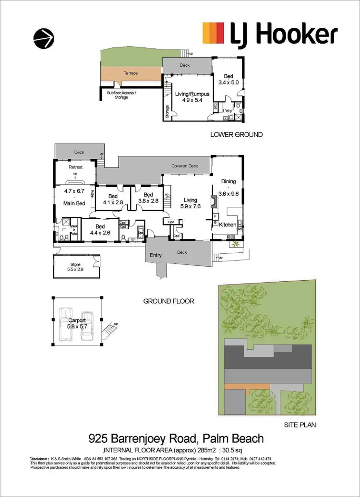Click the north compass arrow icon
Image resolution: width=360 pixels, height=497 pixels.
point(44,37)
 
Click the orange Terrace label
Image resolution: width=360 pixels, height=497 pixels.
point(131,73)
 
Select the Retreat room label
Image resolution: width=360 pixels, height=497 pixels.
point(76,167)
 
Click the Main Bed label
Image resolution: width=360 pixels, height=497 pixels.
point(74,203)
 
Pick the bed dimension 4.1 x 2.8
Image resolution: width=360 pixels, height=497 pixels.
point(113,202)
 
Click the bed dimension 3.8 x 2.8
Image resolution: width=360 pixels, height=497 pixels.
point(148,201)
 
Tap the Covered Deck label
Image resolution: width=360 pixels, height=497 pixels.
point(185,166)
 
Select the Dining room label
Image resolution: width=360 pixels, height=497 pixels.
point(228,181)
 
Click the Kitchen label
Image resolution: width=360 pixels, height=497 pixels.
point(228,225)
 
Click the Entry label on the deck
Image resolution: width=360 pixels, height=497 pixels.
point(156,255)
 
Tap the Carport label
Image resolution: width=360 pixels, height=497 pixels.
point(76,320)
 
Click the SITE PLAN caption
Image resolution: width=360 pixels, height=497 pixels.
point(299,425)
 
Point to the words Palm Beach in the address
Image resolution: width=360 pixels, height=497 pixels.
point(233,438)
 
